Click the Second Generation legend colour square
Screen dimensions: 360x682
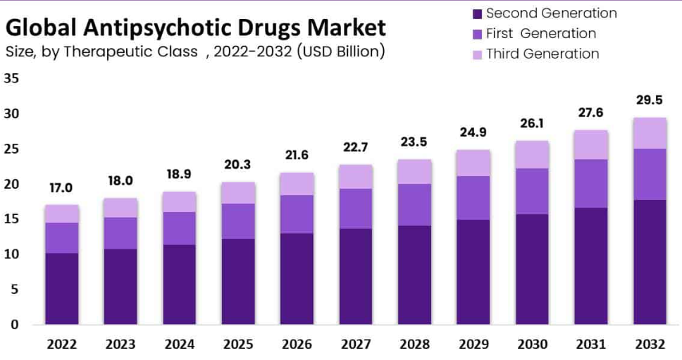point(476,13)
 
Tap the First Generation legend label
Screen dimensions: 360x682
point(540,33)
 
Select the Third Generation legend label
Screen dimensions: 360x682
point(542,54)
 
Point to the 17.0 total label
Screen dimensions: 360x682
point(61,187)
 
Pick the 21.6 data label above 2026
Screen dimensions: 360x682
point(297,155)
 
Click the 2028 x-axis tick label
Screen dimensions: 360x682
point(414,345)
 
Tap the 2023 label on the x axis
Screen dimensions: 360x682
point(120,345)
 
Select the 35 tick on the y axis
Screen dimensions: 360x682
point(11,78)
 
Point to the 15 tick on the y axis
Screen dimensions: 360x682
point(11,219)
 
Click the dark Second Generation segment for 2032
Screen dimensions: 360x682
point(650,262)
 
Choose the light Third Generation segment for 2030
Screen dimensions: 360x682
point(532,154)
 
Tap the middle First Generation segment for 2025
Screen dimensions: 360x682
point(238,221)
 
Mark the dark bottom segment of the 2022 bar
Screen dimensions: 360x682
point(62,288)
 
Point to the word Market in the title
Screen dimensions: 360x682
point(349,28)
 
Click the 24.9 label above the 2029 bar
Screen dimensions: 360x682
point(473,132)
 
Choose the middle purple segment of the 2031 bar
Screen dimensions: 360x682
point(590,183)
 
